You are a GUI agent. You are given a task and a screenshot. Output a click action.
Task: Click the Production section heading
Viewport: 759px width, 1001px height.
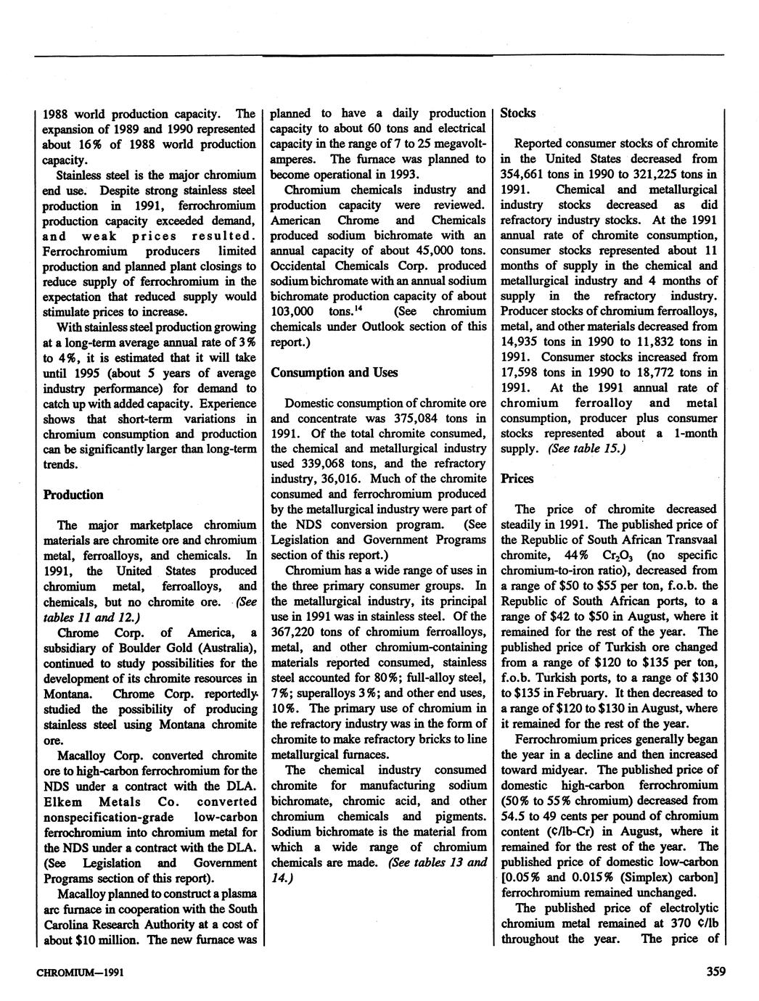[73, 495]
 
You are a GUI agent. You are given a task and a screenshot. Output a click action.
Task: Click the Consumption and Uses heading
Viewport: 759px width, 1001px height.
[335, 372]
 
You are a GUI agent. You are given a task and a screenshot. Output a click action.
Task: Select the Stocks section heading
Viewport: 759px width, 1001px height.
[518, 112]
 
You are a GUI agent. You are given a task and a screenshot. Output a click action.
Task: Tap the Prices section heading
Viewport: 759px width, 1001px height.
[517, 479]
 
